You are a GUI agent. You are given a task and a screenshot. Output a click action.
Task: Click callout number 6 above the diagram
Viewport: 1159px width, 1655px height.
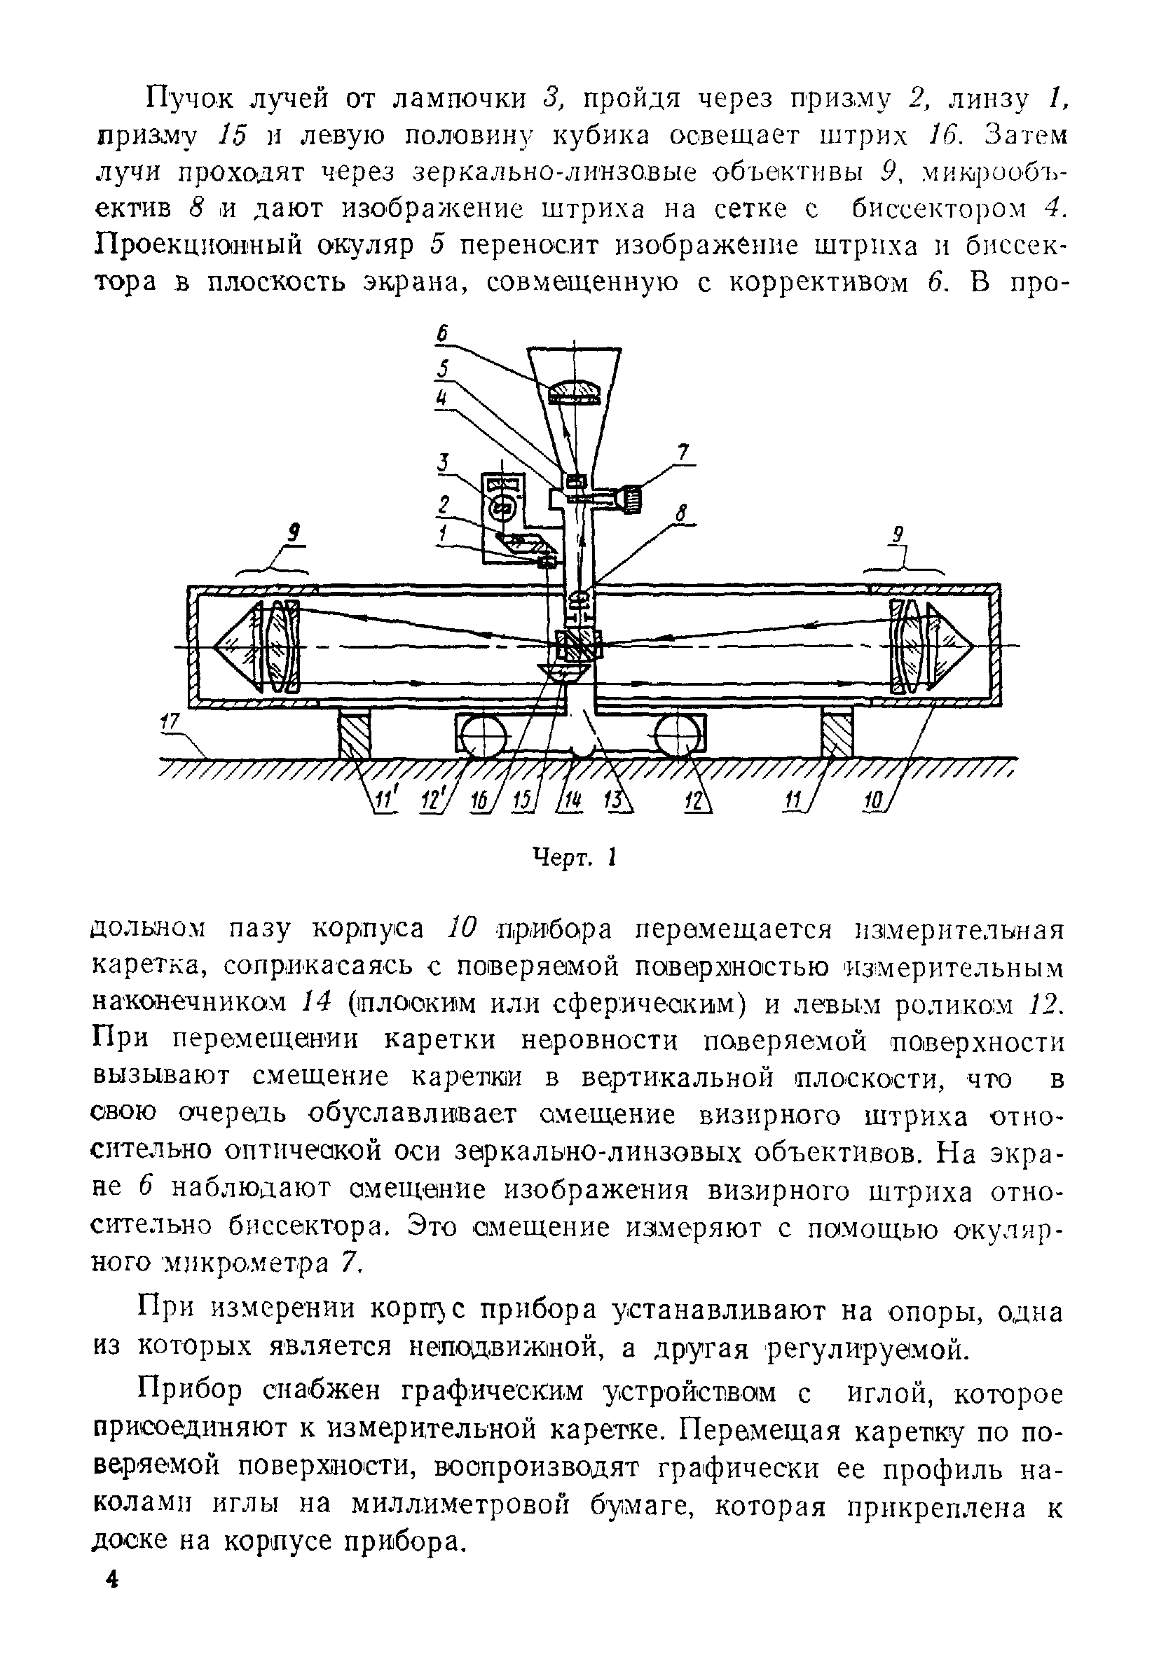pyautogui.click(x=443, y=334)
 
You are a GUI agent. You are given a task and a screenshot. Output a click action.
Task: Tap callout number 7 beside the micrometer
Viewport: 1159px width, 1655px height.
pyautogui.click(x=683, y=452)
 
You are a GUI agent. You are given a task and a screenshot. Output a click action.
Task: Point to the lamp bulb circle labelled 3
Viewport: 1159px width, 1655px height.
pyautogui.click(x=500, y=508)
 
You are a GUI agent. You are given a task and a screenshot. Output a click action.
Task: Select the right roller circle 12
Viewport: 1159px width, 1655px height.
pyautogui.click(x=677, y=738)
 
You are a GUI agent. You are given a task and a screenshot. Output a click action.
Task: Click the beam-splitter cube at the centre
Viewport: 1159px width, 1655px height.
pyautogui.click(x=578, y=643)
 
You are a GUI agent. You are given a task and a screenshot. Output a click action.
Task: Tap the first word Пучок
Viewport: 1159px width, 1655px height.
pyautogui.click(x=186, y=99)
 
